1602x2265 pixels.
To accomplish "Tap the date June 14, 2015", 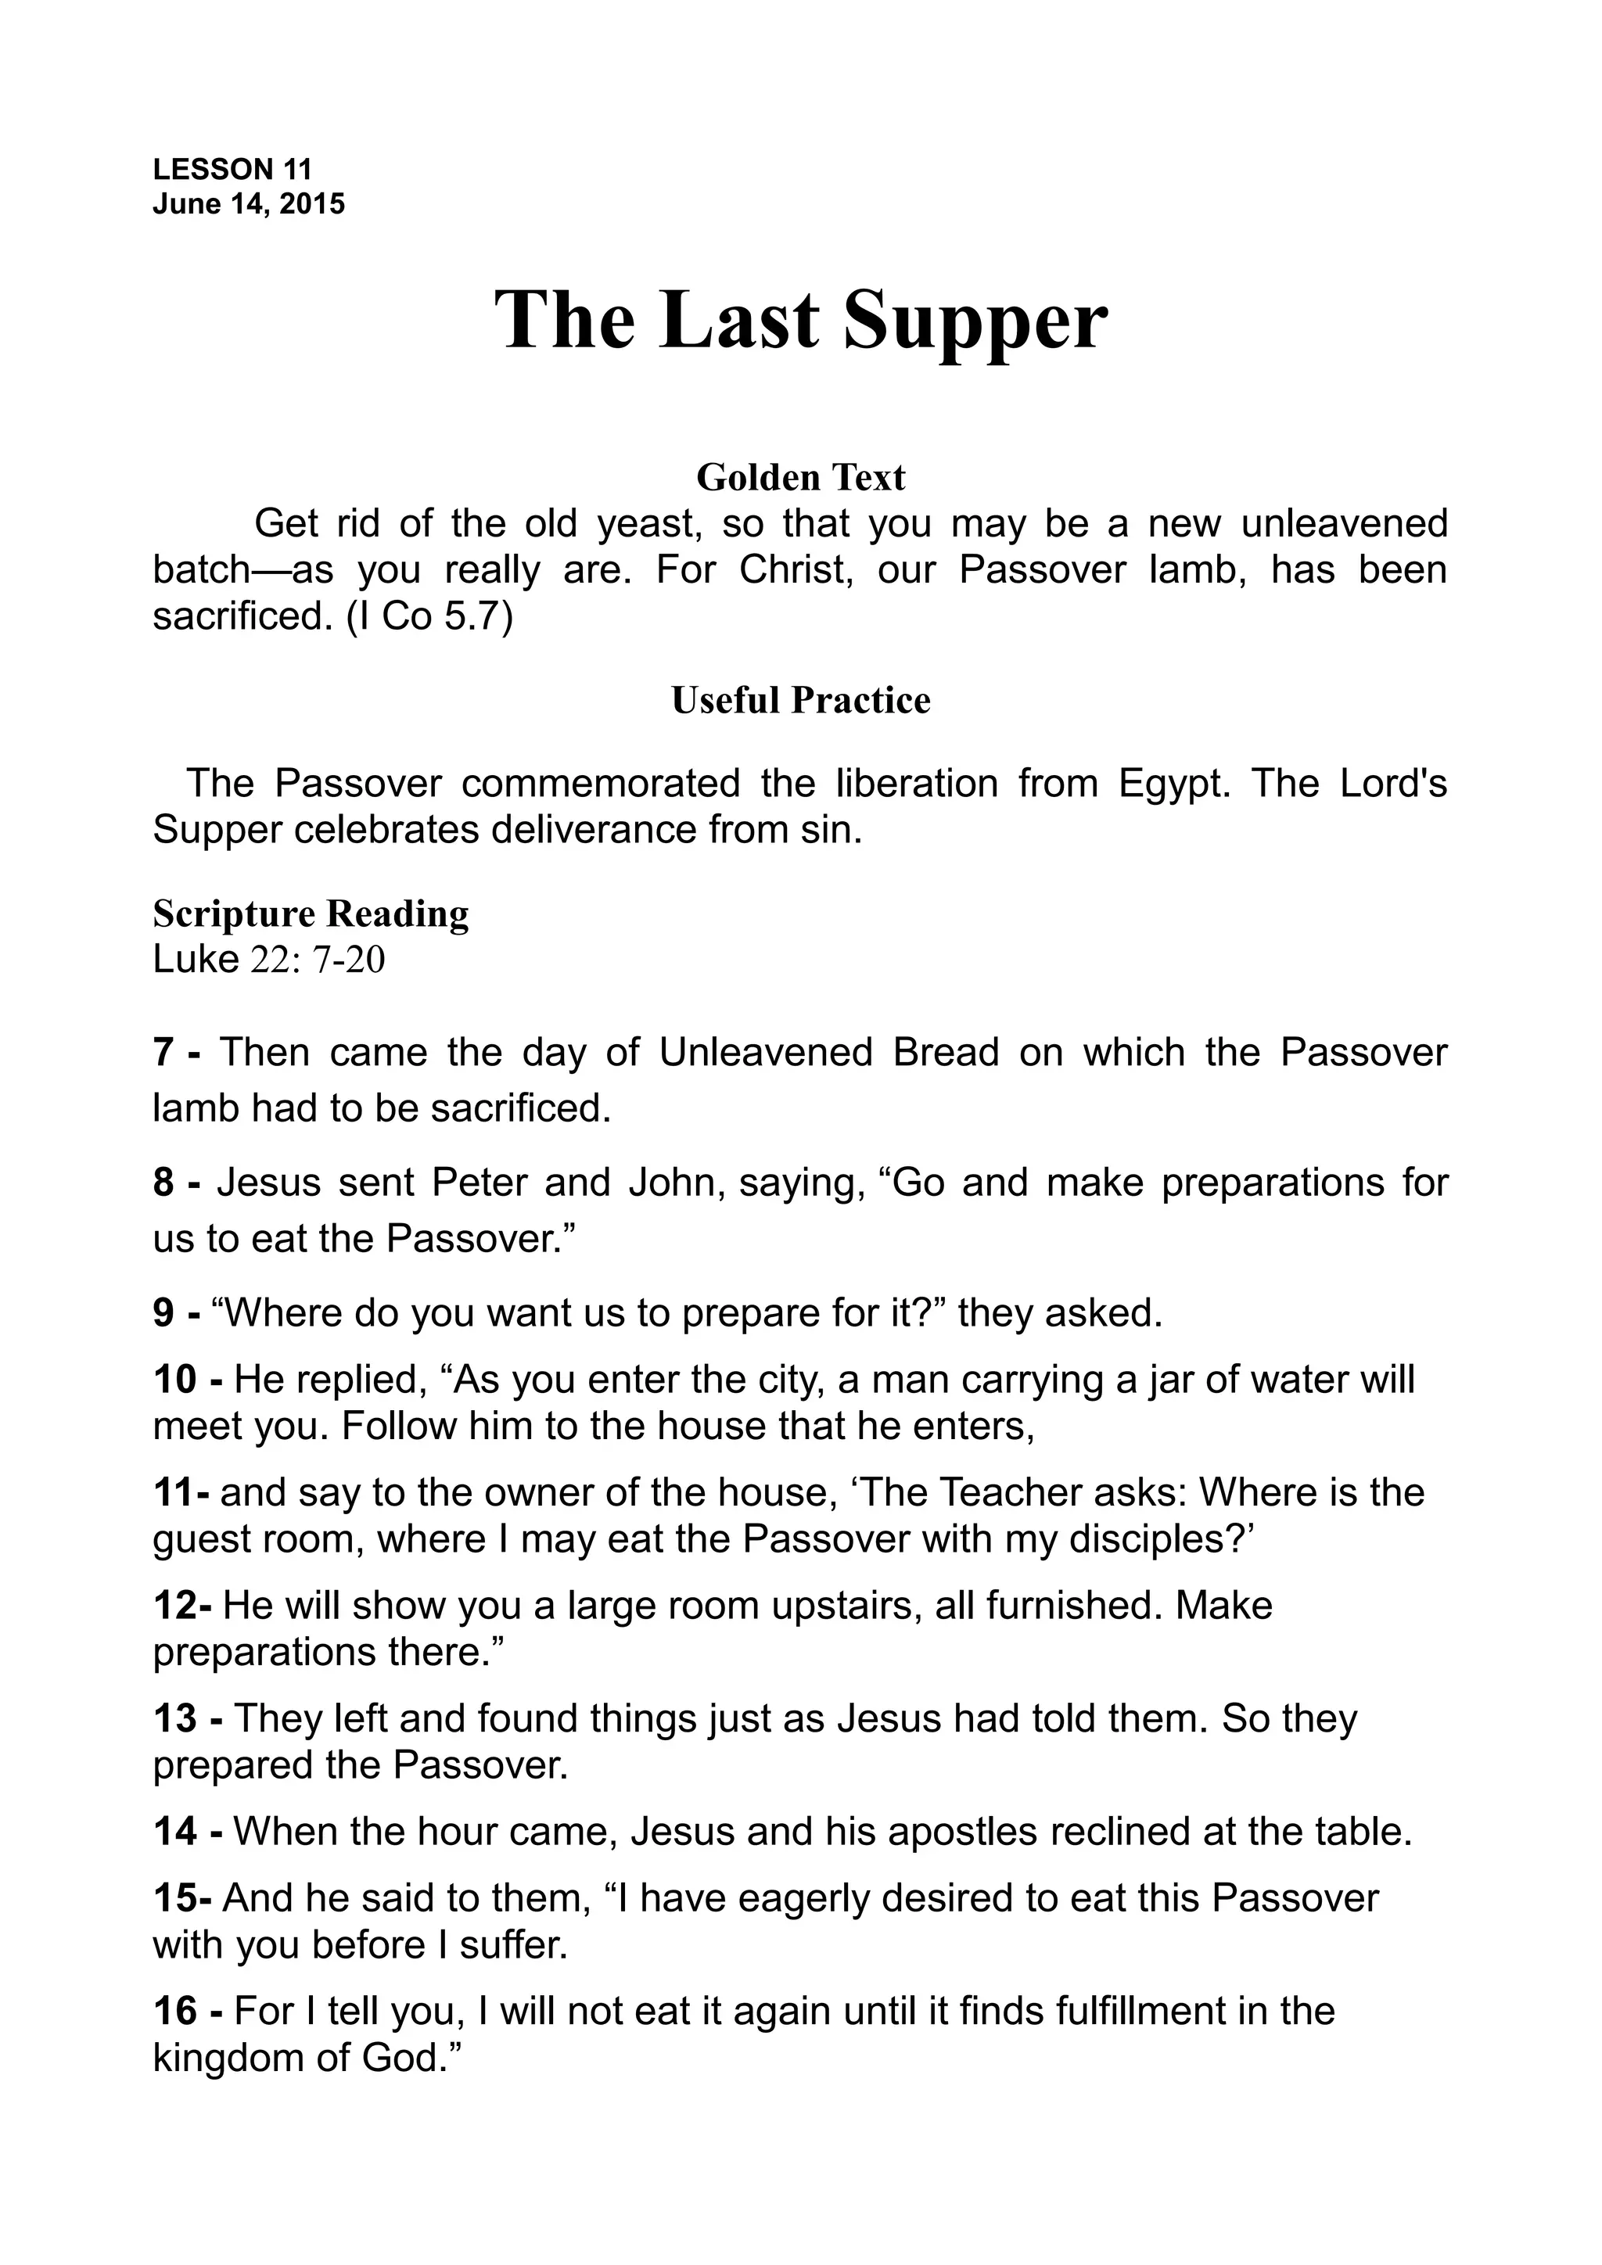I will click(249, 204).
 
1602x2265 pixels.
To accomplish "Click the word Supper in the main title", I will click(975, 321).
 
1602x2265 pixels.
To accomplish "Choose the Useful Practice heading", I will click(800, 701).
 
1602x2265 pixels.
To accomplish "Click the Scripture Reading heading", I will click(311, 914).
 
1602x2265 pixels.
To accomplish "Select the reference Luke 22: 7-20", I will click(268, 960).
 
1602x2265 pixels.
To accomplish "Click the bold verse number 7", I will click(163, 1054).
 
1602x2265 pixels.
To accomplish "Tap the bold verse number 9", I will click(163, 1313).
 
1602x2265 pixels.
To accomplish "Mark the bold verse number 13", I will click(175, 1719).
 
